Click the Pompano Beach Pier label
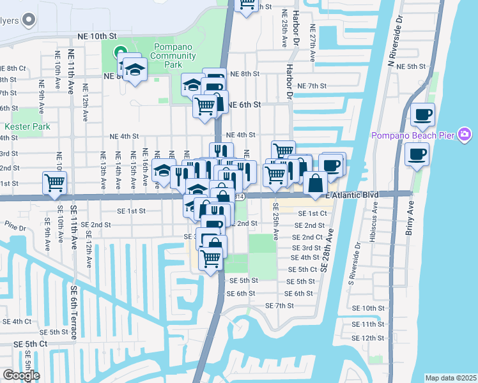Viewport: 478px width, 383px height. (x=415, y=135)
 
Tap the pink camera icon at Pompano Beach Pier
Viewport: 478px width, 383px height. (x=465, y=135)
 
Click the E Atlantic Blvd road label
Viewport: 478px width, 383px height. (x=352, y=194)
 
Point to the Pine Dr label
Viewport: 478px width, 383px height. (x=13, y=227)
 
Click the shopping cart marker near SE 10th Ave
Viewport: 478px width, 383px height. (x=54, y=182)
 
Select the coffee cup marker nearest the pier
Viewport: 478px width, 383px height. (x=416, y=154)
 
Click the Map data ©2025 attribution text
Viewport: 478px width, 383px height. (x=451, y=378)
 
